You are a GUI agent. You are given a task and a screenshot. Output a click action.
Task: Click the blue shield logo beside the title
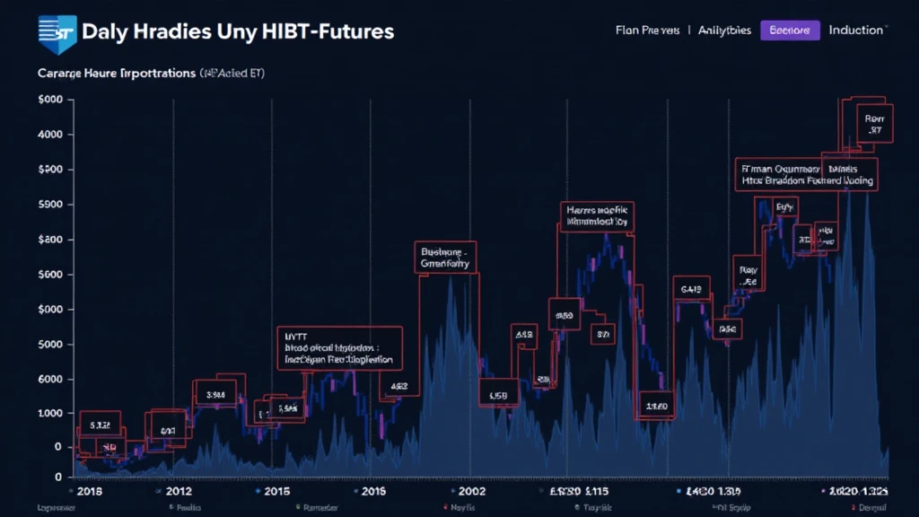coord(57,33)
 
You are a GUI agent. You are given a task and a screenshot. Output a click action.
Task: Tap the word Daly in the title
coord(104,31)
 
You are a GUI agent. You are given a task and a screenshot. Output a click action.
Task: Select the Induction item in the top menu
coord(855,31)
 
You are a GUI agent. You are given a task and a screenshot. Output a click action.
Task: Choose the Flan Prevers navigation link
coord(647,31)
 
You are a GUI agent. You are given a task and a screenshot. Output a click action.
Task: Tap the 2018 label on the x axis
coord(89,492)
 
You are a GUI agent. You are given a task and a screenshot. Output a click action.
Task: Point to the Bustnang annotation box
coord(446,258)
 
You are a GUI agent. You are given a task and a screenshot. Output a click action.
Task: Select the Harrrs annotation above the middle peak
coord(596,214)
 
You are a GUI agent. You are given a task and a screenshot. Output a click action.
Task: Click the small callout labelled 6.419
coord(691,290)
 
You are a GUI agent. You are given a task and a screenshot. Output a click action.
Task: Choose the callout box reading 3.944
coord(215,394)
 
